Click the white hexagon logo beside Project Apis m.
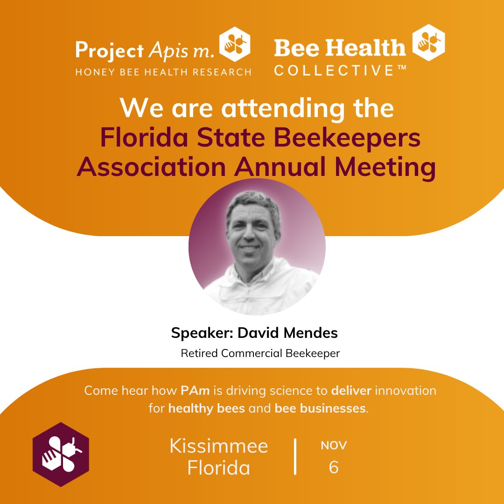(x=235, y=44)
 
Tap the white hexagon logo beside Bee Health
(x=429, y=43)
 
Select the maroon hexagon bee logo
(x=61, y=455)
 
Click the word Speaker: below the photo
(x=202, y=333)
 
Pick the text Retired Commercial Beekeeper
(x=260, y=353)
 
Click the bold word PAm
(x=194, y=391)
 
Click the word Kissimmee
(x=219, y=446)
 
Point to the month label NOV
(x=334, y=445)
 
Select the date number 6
(x=333, y=467)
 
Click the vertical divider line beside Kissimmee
(x=295, y=456)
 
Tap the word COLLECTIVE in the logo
(x=334, y=70)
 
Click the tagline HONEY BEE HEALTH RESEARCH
(x=163, y=72)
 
